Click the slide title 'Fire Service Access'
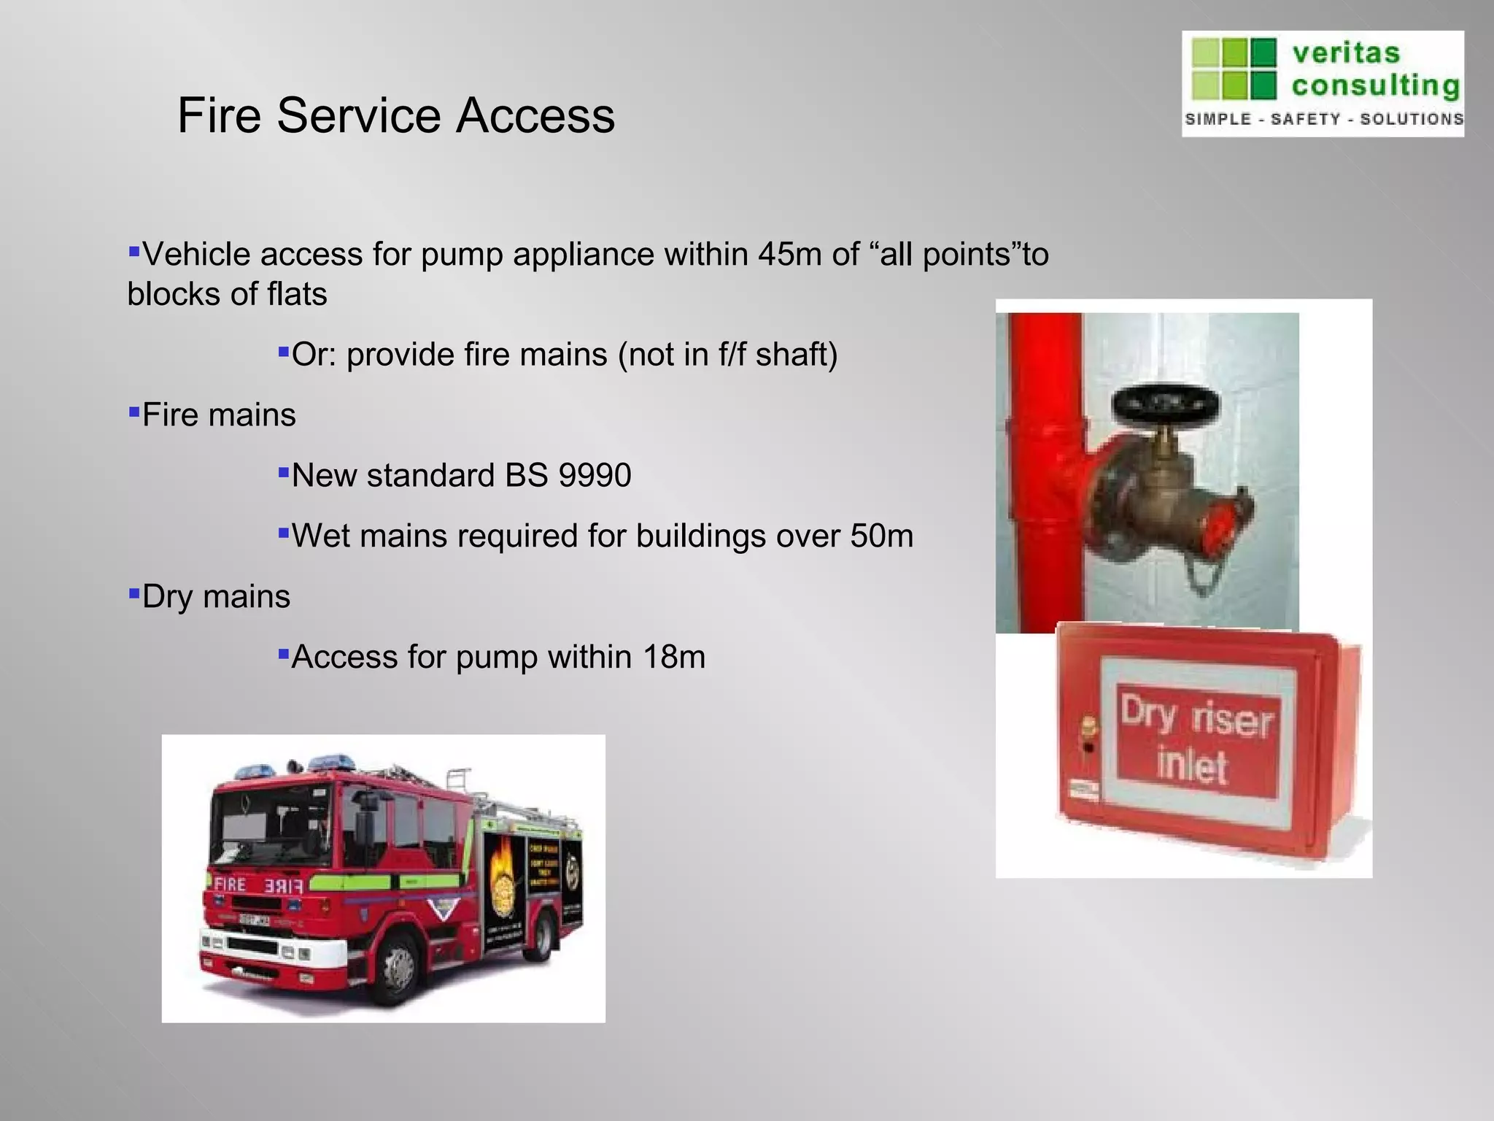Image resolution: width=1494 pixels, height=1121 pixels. tap(396, 115)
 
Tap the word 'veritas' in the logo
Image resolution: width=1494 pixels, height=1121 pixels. tap(1346, 53)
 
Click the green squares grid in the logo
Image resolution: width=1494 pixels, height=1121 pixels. tap(1234, 69)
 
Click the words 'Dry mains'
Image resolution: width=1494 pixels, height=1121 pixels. tap(216, 597)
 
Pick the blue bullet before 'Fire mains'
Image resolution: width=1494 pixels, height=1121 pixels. tap(133, 412)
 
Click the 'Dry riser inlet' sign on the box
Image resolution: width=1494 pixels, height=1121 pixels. tap(1196, 740)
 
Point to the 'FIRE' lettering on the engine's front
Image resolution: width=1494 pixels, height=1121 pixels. tap(231, 885)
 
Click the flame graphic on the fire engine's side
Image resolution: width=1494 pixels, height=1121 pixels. tap(501, 875)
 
